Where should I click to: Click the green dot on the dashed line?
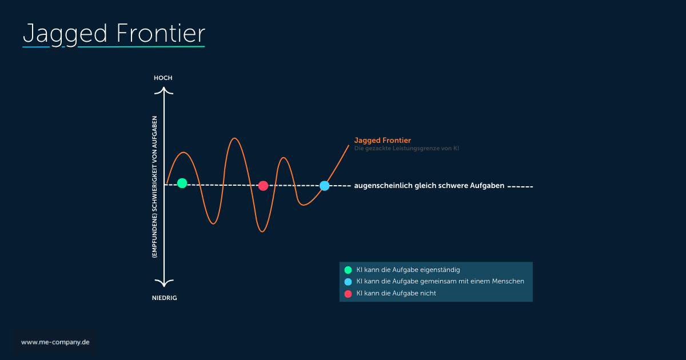[182, 183]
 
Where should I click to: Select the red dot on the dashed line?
[263, 186]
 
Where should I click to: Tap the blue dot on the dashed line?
[324, 186]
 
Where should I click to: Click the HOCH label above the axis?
[163, 78]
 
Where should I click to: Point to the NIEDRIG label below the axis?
[165, 298]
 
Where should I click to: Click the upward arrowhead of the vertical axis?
[164, 90]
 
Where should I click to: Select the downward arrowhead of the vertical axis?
[164, 283]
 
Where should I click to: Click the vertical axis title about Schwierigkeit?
[155, 187]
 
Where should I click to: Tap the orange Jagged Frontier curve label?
[382, 140]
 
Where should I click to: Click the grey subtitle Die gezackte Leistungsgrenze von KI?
[406, 149]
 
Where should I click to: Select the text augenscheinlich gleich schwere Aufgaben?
[429, 186]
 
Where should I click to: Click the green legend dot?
[348, 270]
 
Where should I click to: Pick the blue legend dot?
[348, 282]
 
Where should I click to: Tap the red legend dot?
[348, 294]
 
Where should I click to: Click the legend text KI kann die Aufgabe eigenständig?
[408, 270]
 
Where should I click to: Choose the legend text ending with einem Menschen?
[440, 281]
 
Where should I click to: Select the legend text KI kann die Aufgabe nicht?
[396, 293]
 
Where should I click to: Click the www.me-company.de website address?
[55, 342]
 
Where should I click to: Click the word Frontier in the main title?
[161, 33]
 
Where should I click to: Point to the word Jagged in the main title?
[65, 35]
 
